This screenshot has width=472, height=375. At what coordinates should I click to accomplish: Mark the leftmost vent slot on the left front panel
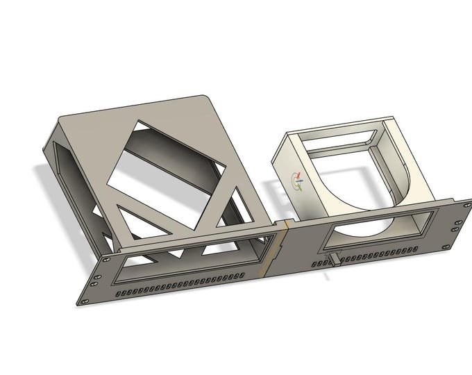point(120,295)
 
